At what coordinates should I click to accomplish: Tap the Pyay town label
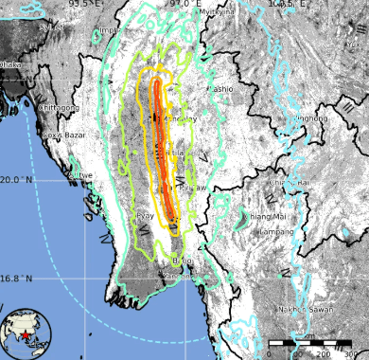pyautogui.click(x=146, y=216)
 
